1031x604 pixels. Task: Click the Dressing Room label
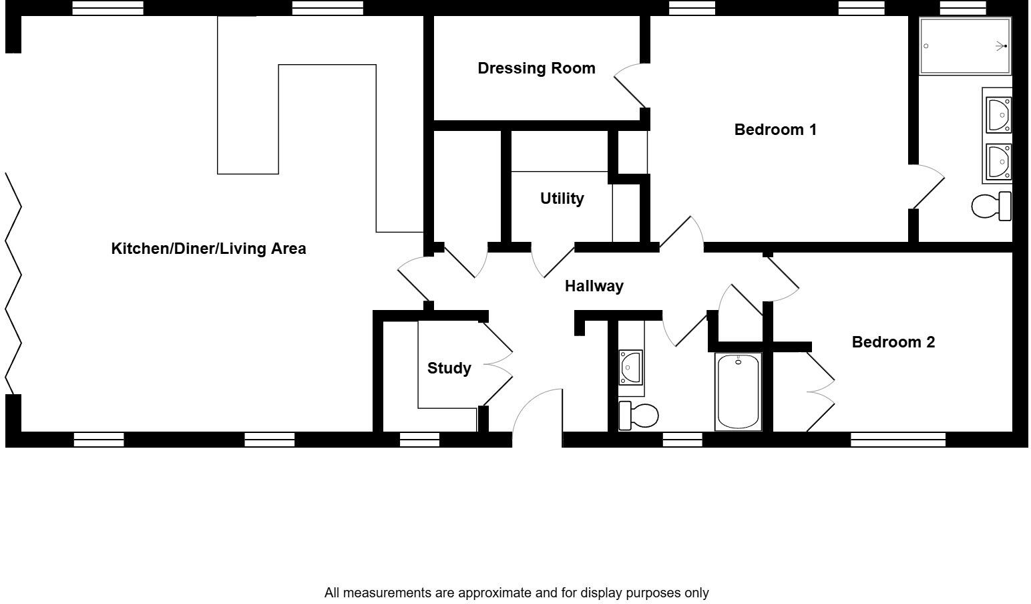[536, 68]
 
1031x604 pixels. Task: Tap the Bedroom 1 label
[775, 130]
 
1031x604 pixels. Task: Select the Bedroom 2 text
[893, 342]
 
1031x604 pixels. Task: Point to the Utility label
[562, 198]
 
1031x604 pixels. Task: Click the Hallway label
[594, 286]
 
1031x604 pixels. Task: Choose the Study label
[449, 368]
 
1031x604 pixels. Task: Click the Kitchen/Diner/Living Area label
[208, 249]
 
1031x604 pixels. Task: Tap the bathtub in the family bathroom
[738, 392]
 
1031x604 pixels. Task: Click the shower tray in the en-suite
[965, 46]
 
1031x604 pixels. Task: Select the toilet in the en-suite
[991, 206]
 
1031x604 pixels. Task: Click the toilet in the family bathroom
[638, 416]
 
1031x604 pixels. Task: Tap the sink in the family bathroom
[630, 367]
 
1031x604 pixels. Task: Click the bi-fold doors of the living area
[13, 284]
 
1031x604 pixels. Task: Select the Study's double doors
[497, 364]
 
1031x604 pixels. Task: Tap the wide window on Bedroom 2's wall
[898, 440]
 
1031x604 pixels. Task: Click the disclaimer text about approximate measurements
[516, 593]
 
